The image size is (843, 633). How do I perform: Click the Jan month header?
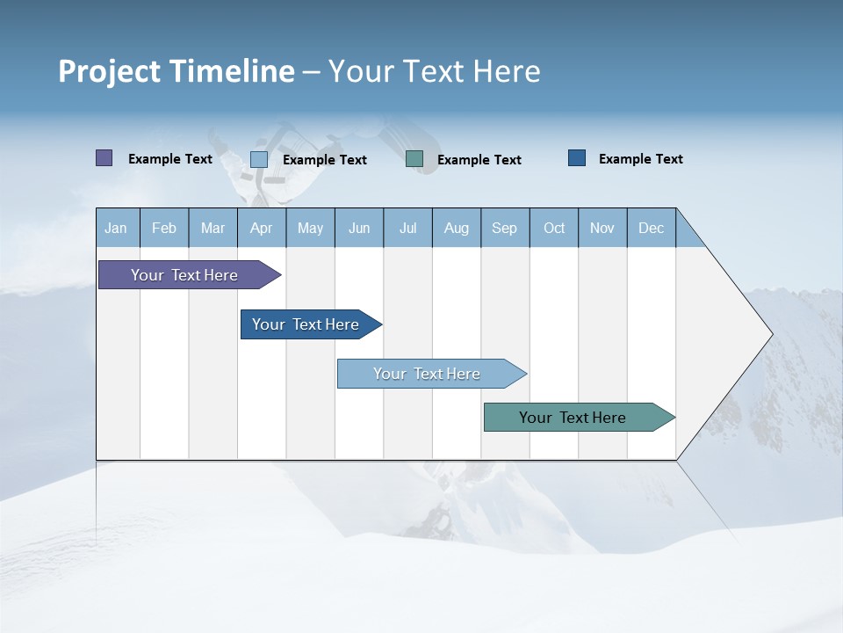coord(116,228)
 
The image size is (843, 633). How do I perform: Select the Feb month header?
coord(164,228)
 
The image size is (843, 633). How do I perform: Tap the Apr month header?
coord(262,228)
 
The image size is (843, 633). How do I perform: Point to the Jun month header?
coord(359,228)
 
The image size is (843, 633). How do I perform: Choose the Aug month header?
coord(457,228)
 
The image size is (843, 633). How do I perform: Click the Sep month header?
coord(505,228)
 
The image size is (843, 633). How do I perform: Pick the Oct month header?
coord(554,228)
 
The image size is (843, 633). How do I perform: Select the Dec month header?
coord(652,228)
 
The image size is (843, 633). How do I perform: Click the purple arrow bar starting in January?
coord(185,275)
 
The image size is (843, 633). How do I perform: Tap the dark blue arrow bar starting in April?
coord(306,324)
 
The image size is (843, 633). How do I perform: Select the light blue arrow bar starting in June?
coord(428,374)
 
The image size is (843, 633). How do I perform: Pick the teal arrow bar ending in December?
coord(573,418)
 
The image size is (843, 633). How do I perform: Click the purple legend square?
coord(104,158)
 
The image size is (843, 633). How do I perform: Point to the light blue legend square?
coord(259,159)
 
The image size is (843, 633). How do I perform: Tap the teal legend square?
coord(414,159)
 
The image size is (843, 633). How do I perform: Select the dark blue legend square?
coord(577,158)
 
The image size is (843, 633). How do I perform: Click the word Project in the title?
coord(108,71)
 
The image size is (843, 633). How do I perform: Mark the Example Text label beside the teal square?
coord(479,160)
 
